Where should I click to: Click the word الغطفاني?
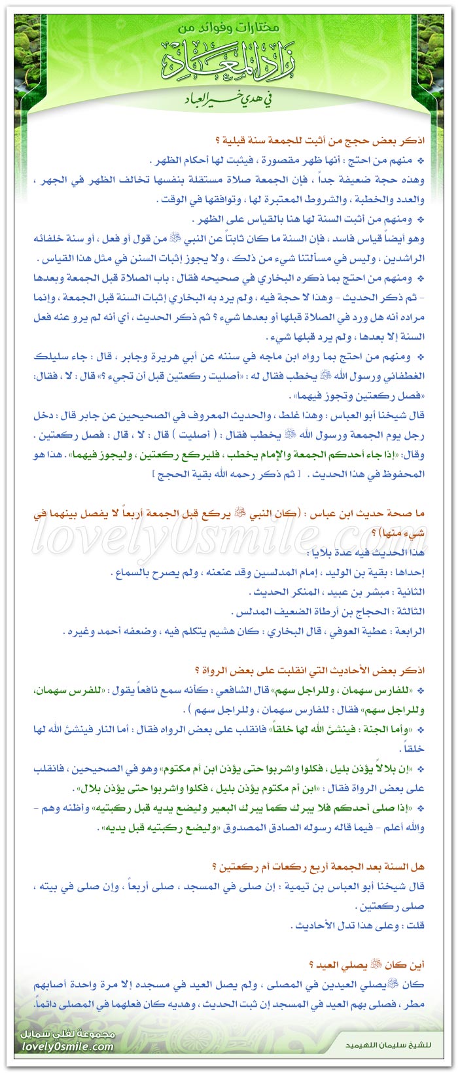tap(406, 377)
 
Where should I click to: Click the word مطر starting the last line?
tap(417, 1004)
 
